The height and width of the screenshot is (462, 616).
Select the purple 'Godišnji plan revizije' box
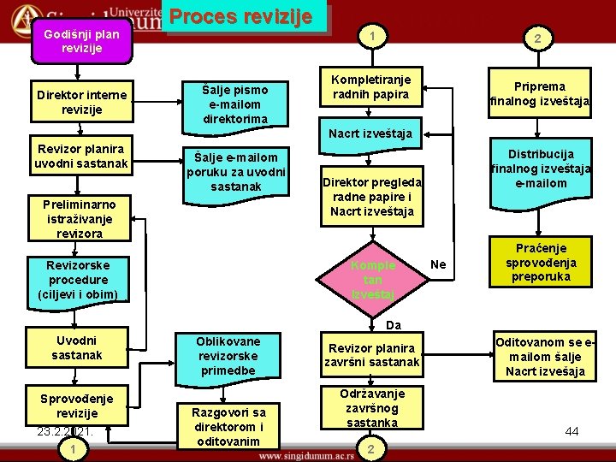click(82, 42)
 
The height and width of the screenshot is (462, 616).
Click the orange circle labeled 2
click(536, 38)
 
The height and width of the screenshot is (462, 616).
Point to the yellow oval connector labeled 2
click(370, 449)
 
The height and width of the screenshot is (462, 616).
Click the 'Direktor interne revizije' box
click(82, 102)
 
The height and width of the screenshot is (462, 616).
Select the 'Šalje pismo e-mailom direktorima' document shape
click(235, 104)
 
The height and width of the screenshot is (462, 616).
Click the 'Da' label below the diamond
click(393, 325)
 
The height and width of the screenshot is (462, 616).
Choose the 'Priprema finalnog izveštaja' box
click(540, 93)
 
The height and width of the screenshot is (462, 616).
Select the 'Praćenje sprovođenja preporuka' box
click(541, 263)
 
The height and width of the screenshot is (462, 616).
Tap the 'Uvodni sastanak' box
click(76, 347)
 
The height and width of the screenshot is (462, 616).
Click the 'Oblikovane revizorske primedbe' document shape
click(228, 356)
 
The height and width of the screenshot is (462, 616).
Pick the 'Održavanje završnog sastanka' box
click(372, 408)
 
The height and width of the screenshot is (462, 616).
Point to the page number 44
click(572, 432)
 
